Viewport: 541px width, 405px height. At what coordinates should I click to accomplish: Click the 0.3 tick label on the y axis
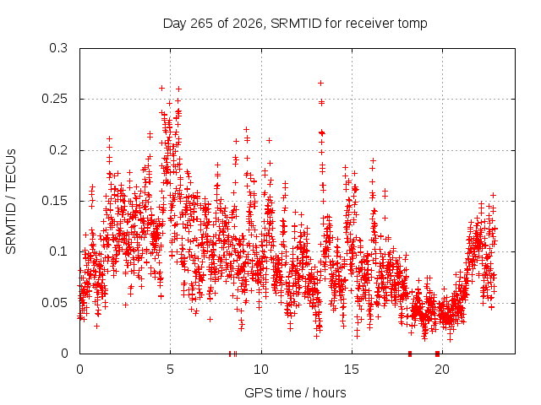pyautogui.click(x=58, y=48)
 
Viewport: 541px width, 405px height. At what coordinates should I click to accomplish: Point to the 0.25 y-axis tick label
pyautogui.click(x=54, y=99)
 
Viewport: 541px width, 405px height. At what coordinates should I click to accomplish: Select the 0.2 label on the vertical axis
pyautogui.click(x=58, y=150)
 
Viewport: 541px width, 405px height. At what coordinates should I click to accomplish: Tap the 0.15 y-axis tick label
pyautogui.click(x=54, y=201)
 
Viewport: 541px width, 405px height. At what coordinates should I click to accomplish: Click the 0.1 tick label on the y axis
pyautogui.click(x=58, y=251)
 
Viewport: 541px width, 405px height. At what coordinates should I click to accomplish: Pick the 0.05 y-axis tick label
pyautogui.click(x=54, y=303)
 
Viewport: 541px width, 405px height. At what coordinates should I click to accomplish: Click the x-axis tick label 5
pyautogui.click(x=170, y=370)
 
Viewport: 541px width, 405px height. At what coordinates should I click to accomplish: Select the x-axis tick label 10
pyautogui.click(x=261, y=370)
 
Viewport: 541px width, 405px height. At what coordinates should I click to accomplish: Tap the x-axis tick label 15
pyautogui.click(x=352, y=370)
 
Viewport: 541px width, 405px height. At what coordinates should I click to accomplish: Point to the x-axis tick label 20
pyautogui.click(x=442, y=370)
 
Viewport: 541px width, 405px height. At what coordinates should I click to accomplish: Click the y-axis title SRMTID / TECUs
pyautogui.click(x=11, y=202)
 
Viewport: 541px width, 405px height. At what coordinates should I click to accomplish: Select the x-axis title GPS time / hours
pyautogui.click(x=295, y=393)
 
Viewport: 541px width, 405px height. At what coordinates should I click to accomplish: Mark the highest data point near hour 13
pyautogui.click(x=321, y=83)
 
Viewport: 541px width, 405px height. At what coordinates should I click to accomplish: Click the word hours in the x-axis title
pyautogui.click(x=330, y=393)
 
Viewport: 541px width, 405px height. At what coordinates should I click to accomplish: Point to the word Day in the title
pyautogui.click(x=175, y=24)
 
